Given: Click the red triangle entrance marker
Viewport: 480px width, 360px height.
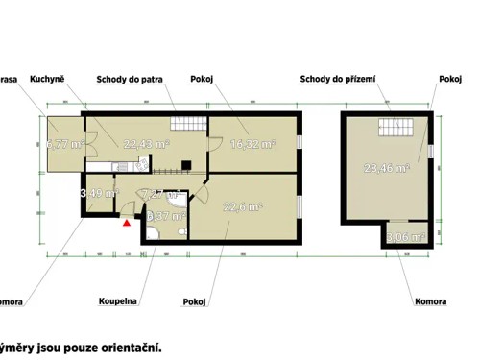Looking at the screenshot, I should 126,222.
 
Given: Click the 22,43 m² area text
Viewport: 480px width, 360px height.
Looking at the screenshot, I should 146,144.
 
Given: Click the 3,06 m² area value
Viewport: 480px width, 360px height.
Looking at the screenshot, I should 406,236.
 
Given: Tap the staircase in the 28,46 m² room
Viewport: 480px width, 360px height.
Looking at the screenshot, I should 395,126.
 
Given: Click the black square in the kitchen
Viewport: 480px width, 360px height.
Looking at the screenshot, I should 188,163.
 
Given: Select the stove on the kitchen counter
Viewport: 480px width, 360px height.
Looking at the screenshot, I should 142,165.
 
